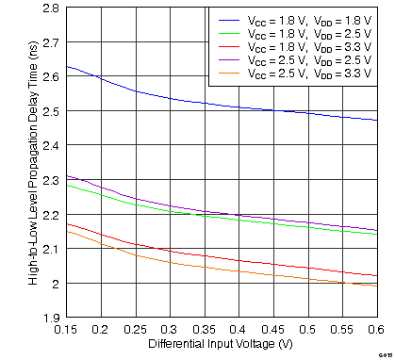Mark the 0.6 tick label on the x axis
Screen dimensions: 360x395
[376, 330]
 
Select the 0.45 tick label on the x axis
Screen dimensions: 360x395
[272, 330]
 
